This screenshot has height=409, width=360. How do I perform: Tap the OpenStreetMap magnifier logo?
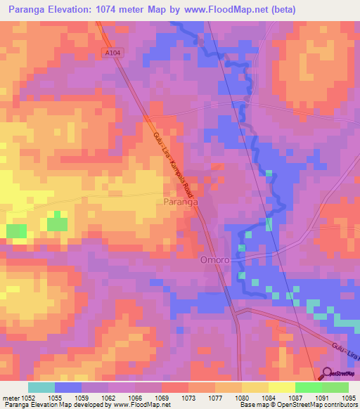point(328,373)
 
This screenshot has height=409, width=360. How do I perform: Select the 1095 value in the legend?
point(349,398)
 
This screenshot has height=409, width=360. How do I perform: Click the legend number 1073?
point(188,398)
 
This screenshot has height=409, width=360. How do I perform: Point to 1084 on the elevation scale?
point(269,398)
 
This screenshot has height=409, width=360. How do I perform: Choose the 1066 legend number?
point(135,398)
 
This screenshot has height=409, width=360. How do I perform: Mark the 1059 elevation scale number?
point(82,398)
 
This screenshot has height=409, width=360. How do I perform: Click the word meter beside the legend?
point(10,398)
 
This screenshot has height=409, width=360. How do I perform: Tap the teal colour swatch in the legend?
point(41,387)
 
